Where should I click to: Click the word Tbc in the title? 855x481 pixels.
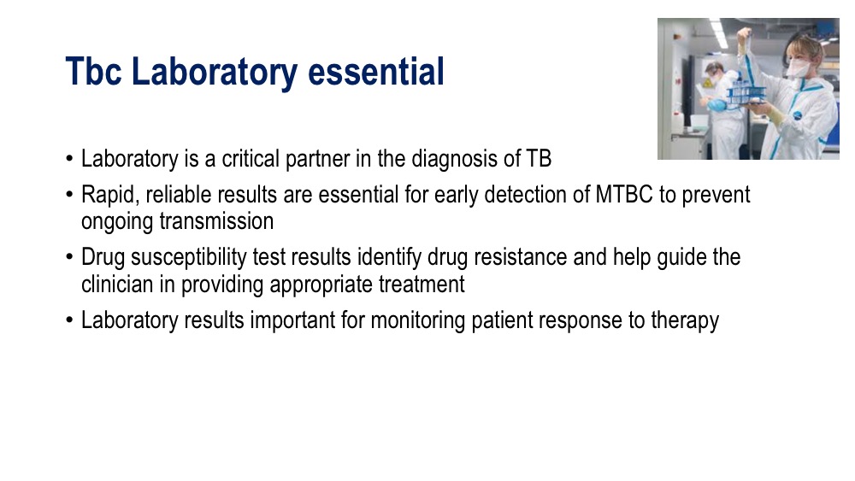click(93, 72)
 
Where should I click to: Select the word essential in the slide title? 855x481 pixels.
click(376, 72)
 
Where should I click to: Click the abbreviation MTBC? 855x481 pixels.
click(624, 195)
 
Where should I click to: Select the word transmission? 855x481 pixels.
click(216, 222)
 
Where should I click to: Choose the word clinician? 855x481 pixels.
click(117, 284)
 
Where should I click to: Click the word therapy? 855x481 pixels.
click(685, 320)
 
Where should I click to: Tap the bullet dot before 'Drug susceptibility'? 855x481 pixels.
click(69, 256)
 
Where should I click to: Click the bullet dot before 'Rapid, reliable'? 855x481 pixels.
click(69, 194)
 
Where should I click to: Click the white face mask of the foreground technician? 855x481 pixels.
click(798, 67)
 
